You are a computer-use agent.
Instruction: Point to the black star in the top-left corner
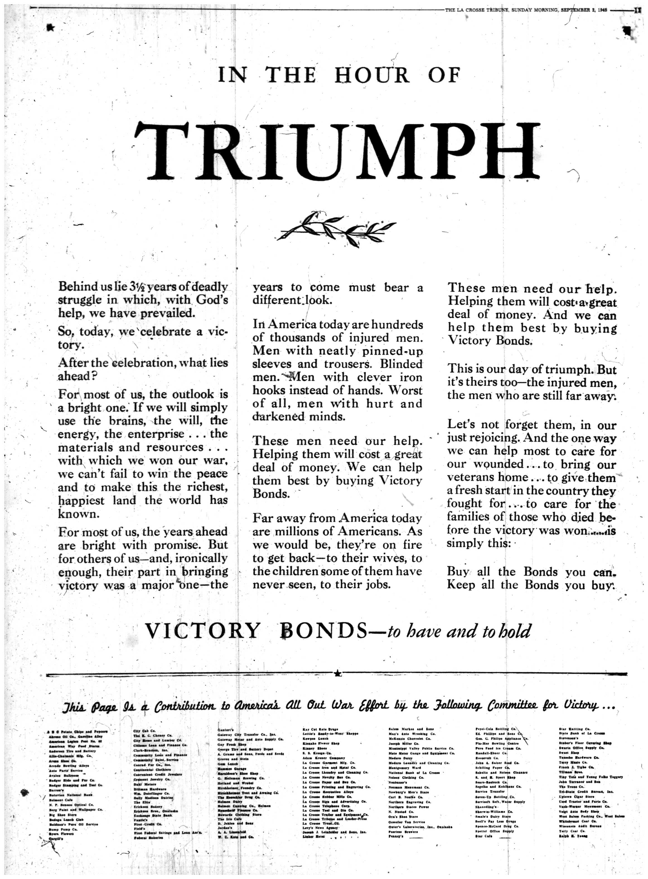pyautogui.click(x=50, y=27)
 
